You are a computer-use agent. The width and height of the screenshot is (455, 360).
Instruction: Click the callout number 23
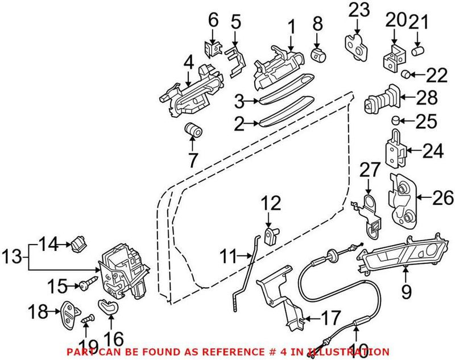[x=359, y=10]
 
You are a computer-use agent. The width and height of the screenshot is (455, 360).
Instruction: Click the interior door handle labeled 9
[x=401, y=253]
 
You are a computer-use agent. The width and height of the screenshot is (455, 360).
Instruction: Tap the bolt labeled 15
[x=91, y=282]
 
